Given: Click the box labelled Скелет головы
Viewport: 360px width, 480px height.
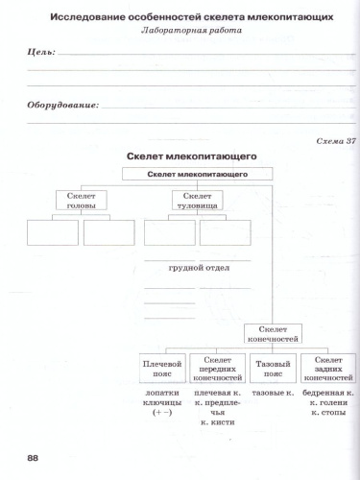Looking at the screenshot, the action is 81,200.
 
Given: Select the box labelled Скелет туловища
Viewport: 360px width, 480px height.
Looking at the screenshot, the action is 197,200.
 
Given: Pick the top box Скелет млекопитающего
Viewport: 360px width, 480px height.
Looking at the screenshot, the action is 199,175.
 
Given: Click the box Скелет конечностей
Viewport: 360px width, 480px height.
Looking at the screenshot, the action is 274,334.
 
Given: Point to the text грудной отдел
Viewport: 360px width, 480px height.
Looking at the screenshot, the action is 197,270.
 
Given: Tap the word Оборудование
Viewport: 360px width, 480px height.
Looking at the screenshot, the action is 62,106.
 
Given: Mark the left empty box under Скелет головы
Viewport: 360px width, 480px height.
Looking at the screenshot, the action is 52,233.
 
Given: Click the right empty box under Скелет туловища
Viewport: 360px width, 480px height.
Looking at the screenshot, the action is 225,233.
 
